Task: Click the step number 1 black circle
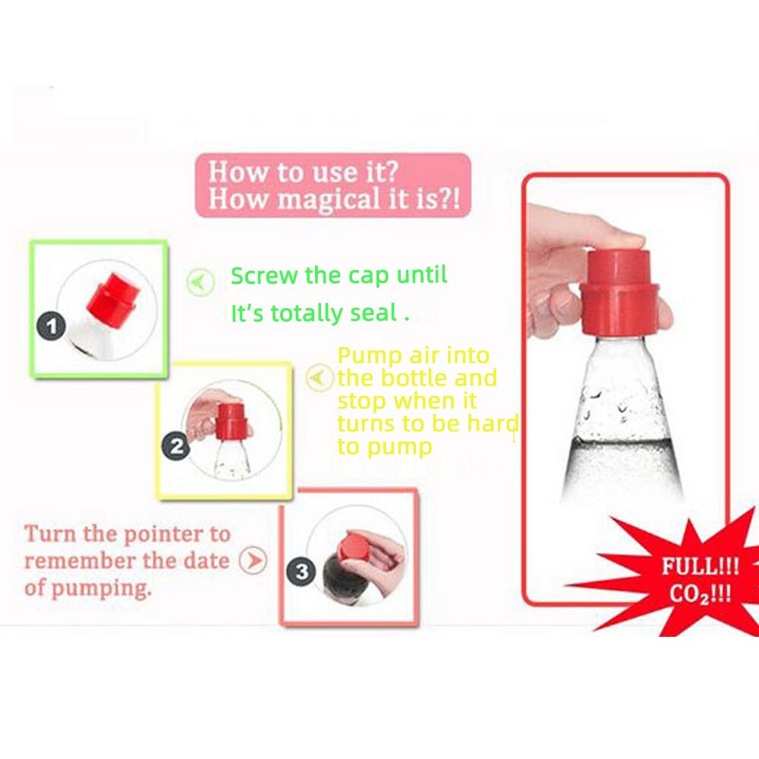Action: click(52, 328)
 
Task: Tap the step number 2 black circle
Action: click(177, 446)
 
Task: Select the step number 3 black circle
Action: click(302, 571)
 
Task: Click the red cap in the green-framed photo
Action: click(112, 296)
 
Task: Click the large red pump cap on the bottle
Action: click(619, 292)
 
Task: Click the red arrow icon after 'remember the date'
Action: click(253, 562)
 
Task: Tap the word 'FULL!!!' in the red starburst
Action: click(700, 566)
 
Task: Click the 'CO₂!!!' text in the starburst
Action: click(700, 592)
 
